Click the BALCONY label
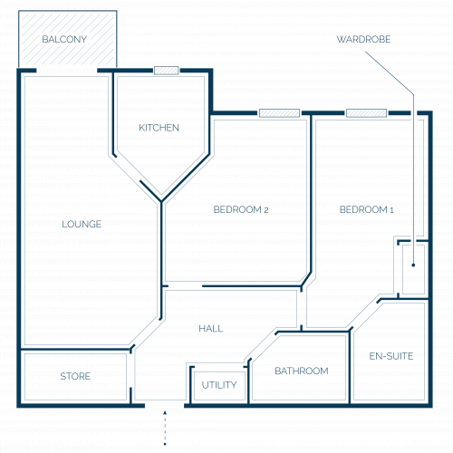coord(64,39)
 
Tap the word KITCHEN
coord(159,128)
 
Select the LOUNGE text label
coord(82,224)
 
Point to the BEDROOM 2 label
coord(241,209)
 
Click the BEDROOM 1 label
coord(367,209)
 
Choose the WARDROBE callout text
coord(363,39)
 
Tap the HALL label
coord(211,329)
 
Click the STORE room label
coord(75,376)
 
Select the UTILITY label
coord(219,385)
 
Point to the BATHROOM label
coord(302,371)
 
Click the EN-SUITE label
coord(391,356)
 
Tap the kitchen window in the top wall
coord(167,71)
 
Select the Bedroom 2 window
coord(279,113)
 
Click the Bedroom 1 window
coord(366,113)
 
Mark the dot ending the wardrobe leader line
coord(413,265)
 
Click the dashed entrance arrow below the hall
coord(165,428)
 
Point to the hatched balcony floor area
coord(68,39)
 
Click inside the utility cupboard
coord(219,386)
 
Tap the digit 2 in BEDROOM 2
coord(266,210)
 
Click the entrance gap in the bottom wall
coord(165,405)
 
